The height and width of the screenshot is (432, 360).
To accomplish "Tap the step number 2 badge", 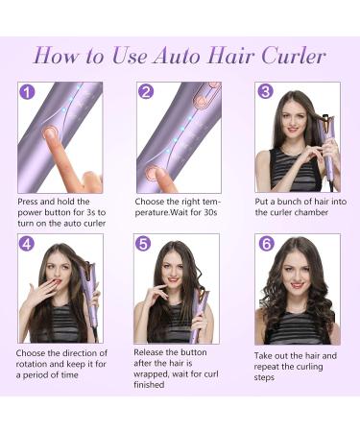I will [146, 93].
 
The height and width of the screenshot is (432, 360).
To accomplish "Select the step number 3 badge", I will [265, 93].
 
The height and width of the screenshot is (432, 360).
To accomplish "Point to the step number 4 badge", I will [27, 244].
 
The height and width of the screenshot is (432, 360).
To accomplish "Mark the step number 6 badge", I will [266, 244].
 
